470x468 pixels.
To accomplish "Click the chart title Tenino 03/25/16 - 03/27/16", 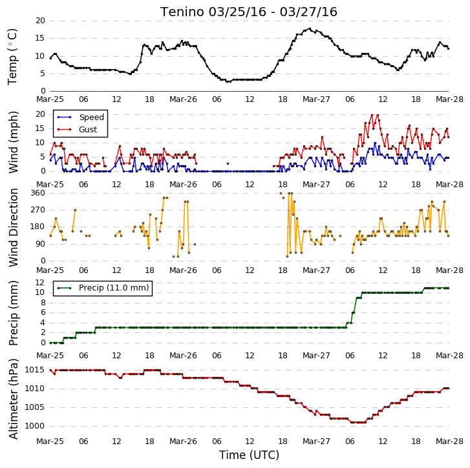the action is [249, 12].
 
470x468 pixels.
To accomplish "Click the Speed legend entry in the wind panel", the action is [91, 117].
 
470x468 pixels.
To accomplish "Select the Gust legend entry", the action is [88, 130].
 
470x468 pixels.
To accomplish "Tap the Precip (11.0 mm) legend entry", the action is [114, 288].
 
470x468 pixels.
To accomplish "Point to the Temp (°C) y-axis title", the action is [12, 57].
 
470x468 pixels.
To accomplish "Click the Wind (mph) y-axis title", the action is [13, 142].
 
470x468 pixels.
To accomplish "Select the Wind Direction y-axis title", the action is [13, 227].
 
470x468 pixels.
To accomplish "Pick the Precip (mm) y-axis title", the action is [13, 313].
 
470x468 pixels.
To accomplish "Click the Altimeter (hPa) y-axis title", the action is [13, 399].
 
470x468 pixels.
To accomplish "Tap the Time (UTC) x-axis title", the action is [249, 455].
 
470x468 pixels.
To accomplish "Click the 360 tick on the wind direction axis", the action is [38, 193].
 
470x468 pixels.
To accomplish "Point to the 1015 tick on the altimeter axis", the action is [34, 370].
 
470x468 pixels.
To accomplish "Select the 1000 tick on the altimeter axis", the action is [34, 426].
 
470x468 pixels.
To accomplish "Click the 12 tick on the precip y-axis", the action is [40, 283].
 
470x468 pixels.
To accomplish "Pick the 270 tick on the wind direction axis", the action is [38, 210].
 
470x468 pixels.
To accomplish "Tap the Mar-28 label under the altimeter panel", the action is [449, 442].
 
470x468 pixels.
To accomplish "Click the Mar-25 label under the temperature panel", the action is [50, 99].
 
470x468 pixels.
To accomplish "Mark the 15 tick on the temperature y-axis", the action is [40, 38].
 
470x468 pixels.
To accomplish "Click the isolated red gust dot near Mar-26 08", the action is [228, 164].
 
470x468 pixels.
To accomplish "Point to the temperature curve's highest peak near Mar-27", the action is [310, 29].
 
